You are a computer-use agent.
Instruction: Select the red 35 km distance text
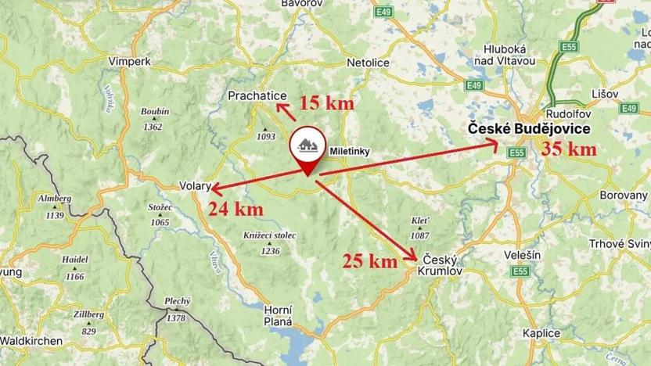coord(568,149)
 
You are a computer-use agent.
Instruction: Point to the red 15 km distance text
coord(328,103)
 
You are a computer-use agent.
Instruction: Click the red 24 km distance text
coord(235,209)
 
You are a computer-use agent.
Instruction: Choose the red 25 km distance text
coord(371,260)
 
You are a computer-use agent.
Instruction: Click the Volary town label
coord(195,187)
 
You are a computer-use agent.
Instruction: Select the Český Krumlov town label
coord(443,264)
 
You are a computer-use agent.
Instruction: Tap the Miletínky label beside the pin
coord(349,152)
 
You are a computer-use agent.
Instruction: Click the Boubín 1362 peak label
coord(153,120)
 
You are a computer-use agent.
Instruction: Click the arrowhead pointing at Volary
coord(213,189)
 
